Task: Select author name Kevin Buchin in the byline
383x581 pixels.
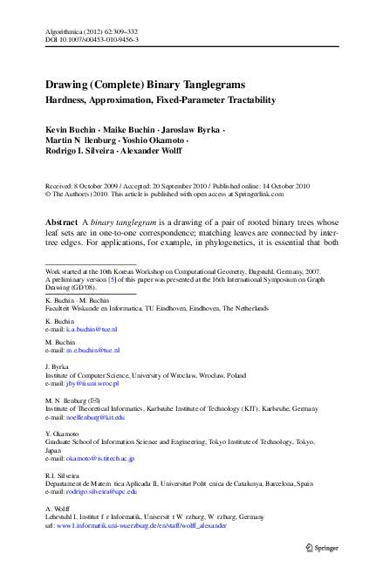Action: [70, 127]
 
